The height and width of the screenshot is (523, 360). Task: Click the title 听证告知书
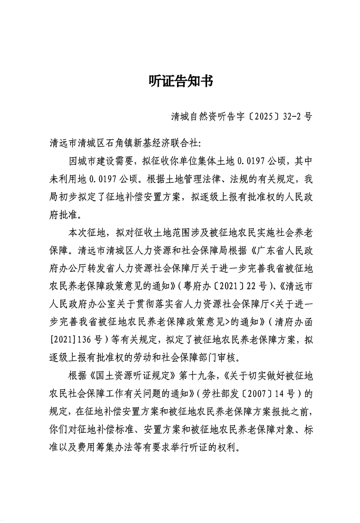(x=180, y=81)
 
